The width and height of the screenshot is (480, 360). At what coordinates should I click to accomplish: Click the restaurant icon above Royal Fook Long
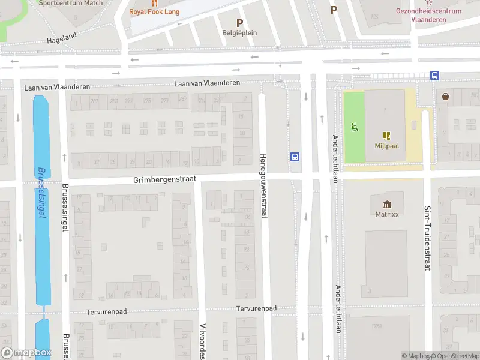pos(154,3)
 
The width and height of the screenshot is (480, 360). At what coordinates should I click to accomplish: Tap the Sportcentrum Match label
pos(70,3)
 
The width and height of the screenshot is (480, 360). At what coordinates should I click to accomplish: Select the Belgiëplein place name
pos(239,33)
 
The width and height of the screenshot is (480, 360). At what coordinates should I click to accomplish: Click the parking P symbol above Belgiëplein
pos(239,22)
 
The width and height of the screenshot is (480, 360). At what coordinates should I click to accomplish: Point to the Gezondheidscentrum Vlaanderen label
pos(429,15)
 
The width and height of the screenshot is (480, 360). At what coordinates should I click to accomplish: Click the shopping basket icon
pos(446,96)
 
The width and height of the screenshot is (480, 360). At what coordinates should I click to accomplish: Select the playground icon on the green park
pos(355,127)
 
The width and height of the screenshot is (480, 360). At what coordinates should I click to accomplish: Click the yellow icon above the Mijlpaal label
pos(387,136)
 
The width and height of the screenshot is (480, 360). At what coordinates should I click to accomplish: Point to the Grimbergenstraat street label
pos(165,179)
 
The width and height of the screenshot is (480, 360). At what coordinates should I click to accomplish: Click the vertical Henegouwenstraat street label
pos(263,185)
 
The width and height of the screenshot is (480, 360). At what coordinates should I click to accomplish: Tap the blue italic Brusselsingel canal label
pos(41,192)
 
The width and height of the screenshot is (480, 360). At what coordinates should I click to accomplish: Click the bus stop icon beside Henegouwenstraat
pos(295,157)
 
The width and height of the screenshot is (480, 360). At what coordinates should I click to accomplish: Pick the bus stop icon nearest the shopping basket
pos(434,76)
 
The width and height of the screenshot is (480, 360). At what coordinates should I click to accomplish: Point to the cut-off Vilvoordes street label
pos(203,340)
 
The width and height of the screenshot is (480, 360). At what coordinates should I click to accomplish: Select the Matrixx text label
pos(387,214)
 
